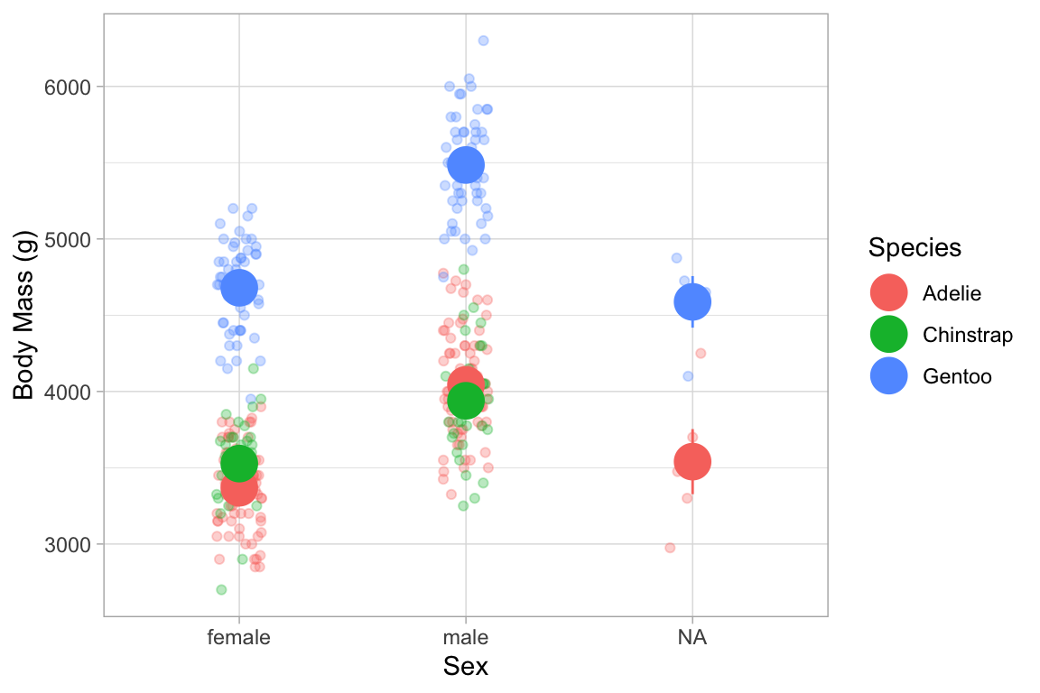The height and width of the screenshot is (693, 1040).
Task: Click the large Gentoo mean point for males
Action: pyautogui.click(x=466, y=165)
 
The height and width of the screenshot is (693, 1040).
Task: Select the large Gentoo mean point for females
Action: pyautogui.click(x=239, y=288)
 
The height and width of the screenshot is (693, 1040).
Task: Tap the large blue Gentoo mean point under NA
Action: pyautogui.click(x=692, y=302)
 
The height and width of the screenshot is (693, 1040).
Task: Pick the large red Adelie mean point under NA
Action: pyautogui.click(x=692, y=462)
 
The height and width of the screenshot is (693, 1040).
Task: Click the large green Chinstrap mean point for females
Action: pyautogui.click(x=239, y=463)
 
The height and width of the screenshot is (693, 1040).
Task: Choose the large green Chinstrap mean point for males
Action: pyautogui.click(x=466, y=401)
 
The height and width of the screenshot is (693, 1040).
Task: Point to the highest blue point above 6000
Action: pyautogui.click(x=483, y=41)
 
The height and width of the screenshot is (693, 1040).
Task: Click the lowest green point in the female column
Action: pyautogui.click(x=221, y=589)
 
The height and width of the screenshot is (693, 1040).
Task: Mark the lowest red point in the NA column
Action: pyautogui.click(x=670, y=548)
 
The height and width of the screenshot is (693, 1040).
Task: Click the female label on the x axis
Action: pyautogui.click(x=239, y=638)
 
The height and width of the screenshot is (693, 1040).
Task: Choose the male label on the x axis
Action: pyautogui.click(x=466, y=638)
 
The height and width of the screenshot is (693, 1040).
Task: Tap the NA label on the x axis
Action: pyautogui.click(x=692, y=638)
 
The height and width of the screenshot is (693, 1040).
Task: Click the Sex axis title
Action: pyautogui.click(x=466, y=668)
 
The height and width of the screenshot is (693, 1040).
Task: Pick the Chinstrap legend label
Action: pyautogui.click(x=968, y=335)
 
